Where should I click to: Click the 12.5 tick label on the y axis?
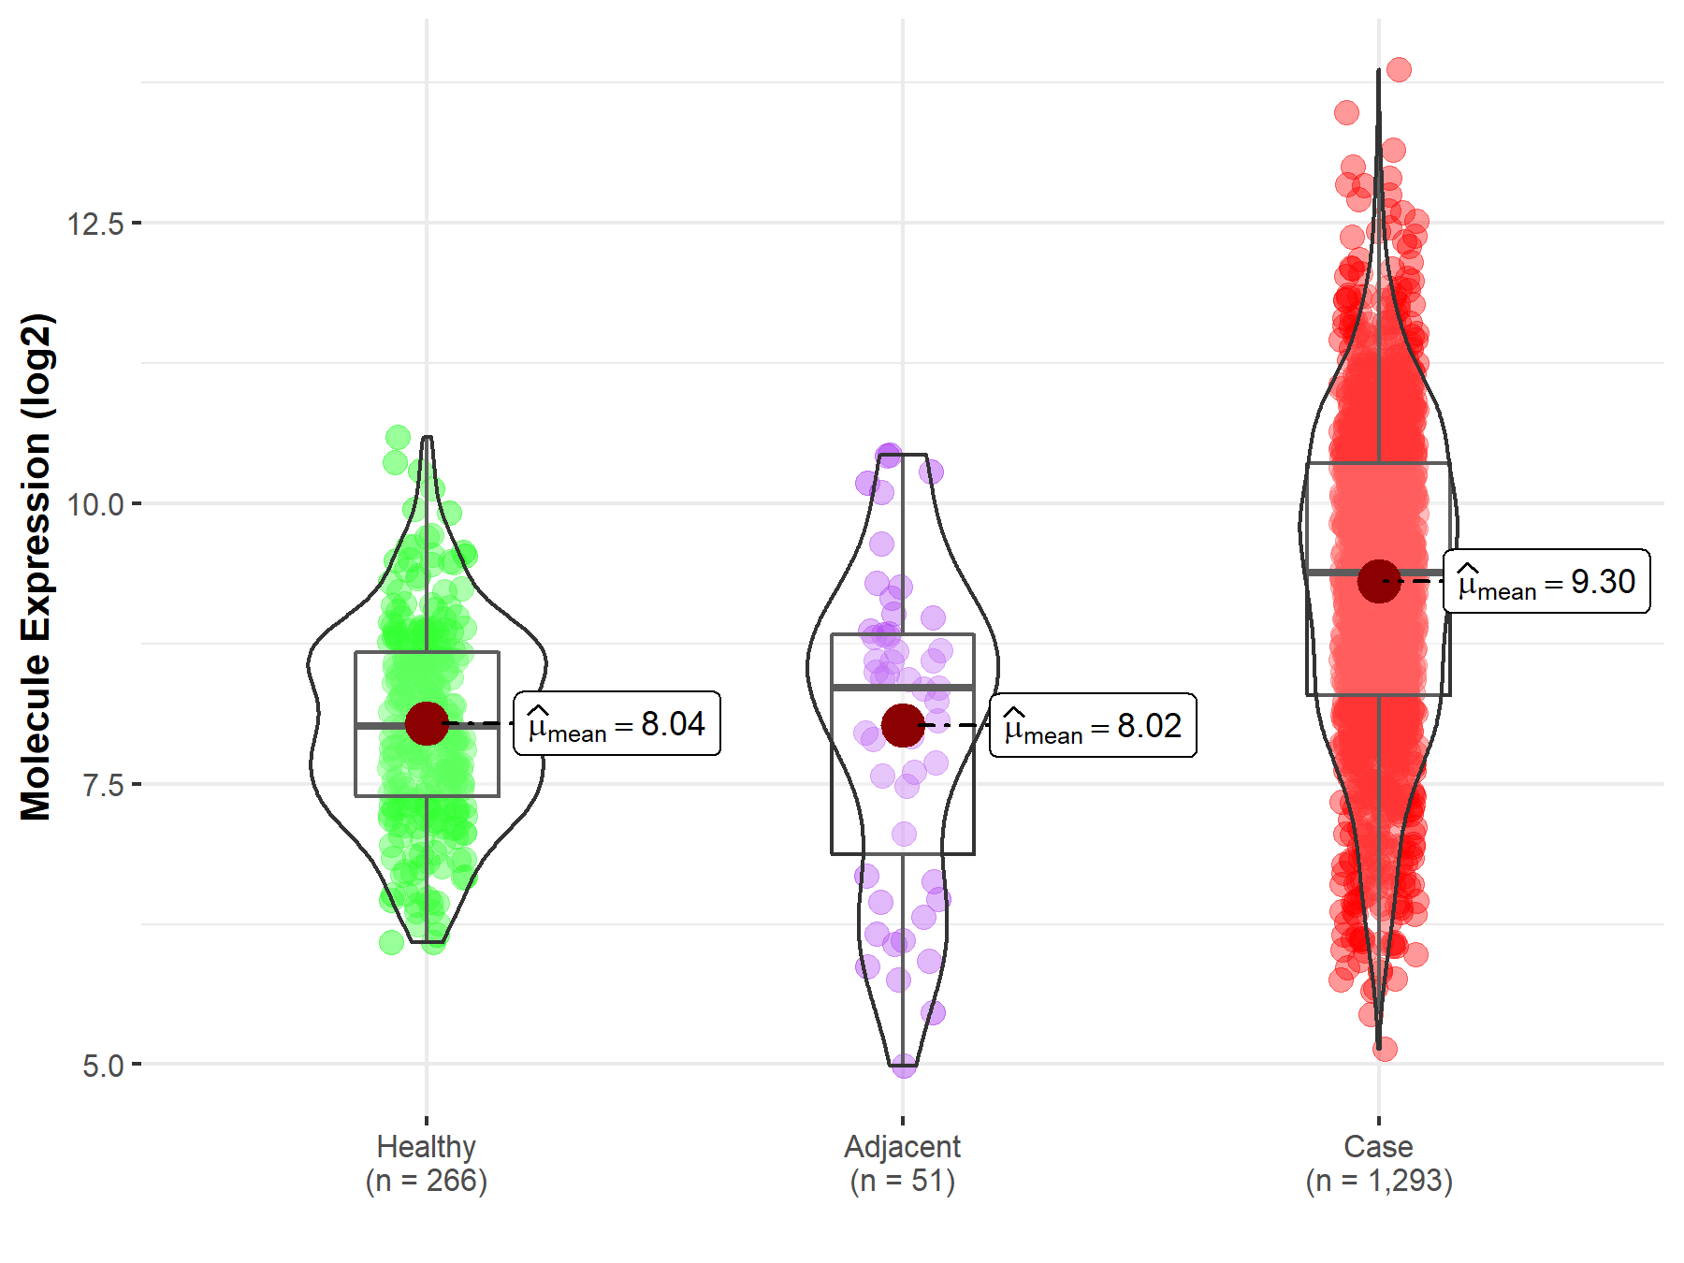pyautogui.click(x=95, y=225)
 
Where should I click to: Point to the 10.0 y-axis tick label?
pyautogui.click(x=95, y=505)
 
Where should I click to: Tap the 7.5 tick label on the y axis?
pyautogui.click(x=103, y=785)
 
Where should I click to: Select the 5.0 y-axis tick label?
pyautogui.click(x=103, y=1066)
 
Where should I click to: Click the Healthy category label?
pyautogui.click(x=427, y=1146)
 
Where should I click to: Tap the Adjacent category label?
pyautogui.click(x=902, y=1146)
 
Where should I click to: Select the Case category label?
pyautogui.click(x=1378, y=1146)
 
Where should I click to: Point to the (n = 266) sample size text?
pyautogui.click(x=427, y=1181)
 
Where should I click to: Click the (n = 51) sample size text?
pyautogui.click(x=902, y=1181)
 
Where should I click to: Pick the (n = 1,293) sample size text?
pyautogui.click(x=1379, y=1181)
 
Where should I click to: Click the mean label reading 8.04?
pyautogui.click(x=617, y=724)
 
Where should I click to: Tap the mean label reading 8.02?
pyautogui.click(x=1093, y=726)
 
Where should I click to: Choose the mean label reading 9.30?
pyautogui.click(x=1546, y=582)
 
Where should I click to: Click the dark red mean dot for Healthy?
pyautogui.click(x=427, y=723)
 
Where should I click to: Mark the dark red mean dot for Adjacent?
pyautogui.click(x=903, y=725)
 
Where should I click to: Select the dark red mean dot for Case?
pyautogui.click(x=1379, y=581)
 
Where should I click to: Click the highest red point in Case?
pyautogui.click(x=1399, y=69)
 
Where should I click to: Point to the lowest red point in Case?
pyautogui.click(x=1385, y=1049)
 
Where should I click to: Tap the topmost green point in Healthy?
pyautogui.click(x=398, y=437)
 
